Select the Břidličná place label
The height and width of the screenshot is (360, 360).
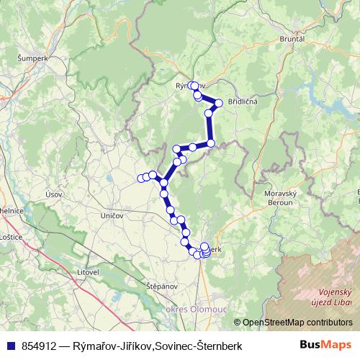click(x=242, y=102)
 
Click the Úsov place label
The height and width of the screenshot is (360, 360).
click(x=53, y=194)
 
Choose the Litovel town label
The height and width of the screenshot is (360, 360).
click(x=88, y=272)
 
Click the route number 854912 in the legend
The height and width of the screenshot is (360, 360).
click(x=40, y=345)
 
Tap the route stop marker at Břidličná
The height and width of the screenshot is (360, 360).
click(x=219, y=103)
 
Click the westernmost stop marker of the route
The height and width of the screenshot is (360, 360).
click(x=141, y=179)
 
